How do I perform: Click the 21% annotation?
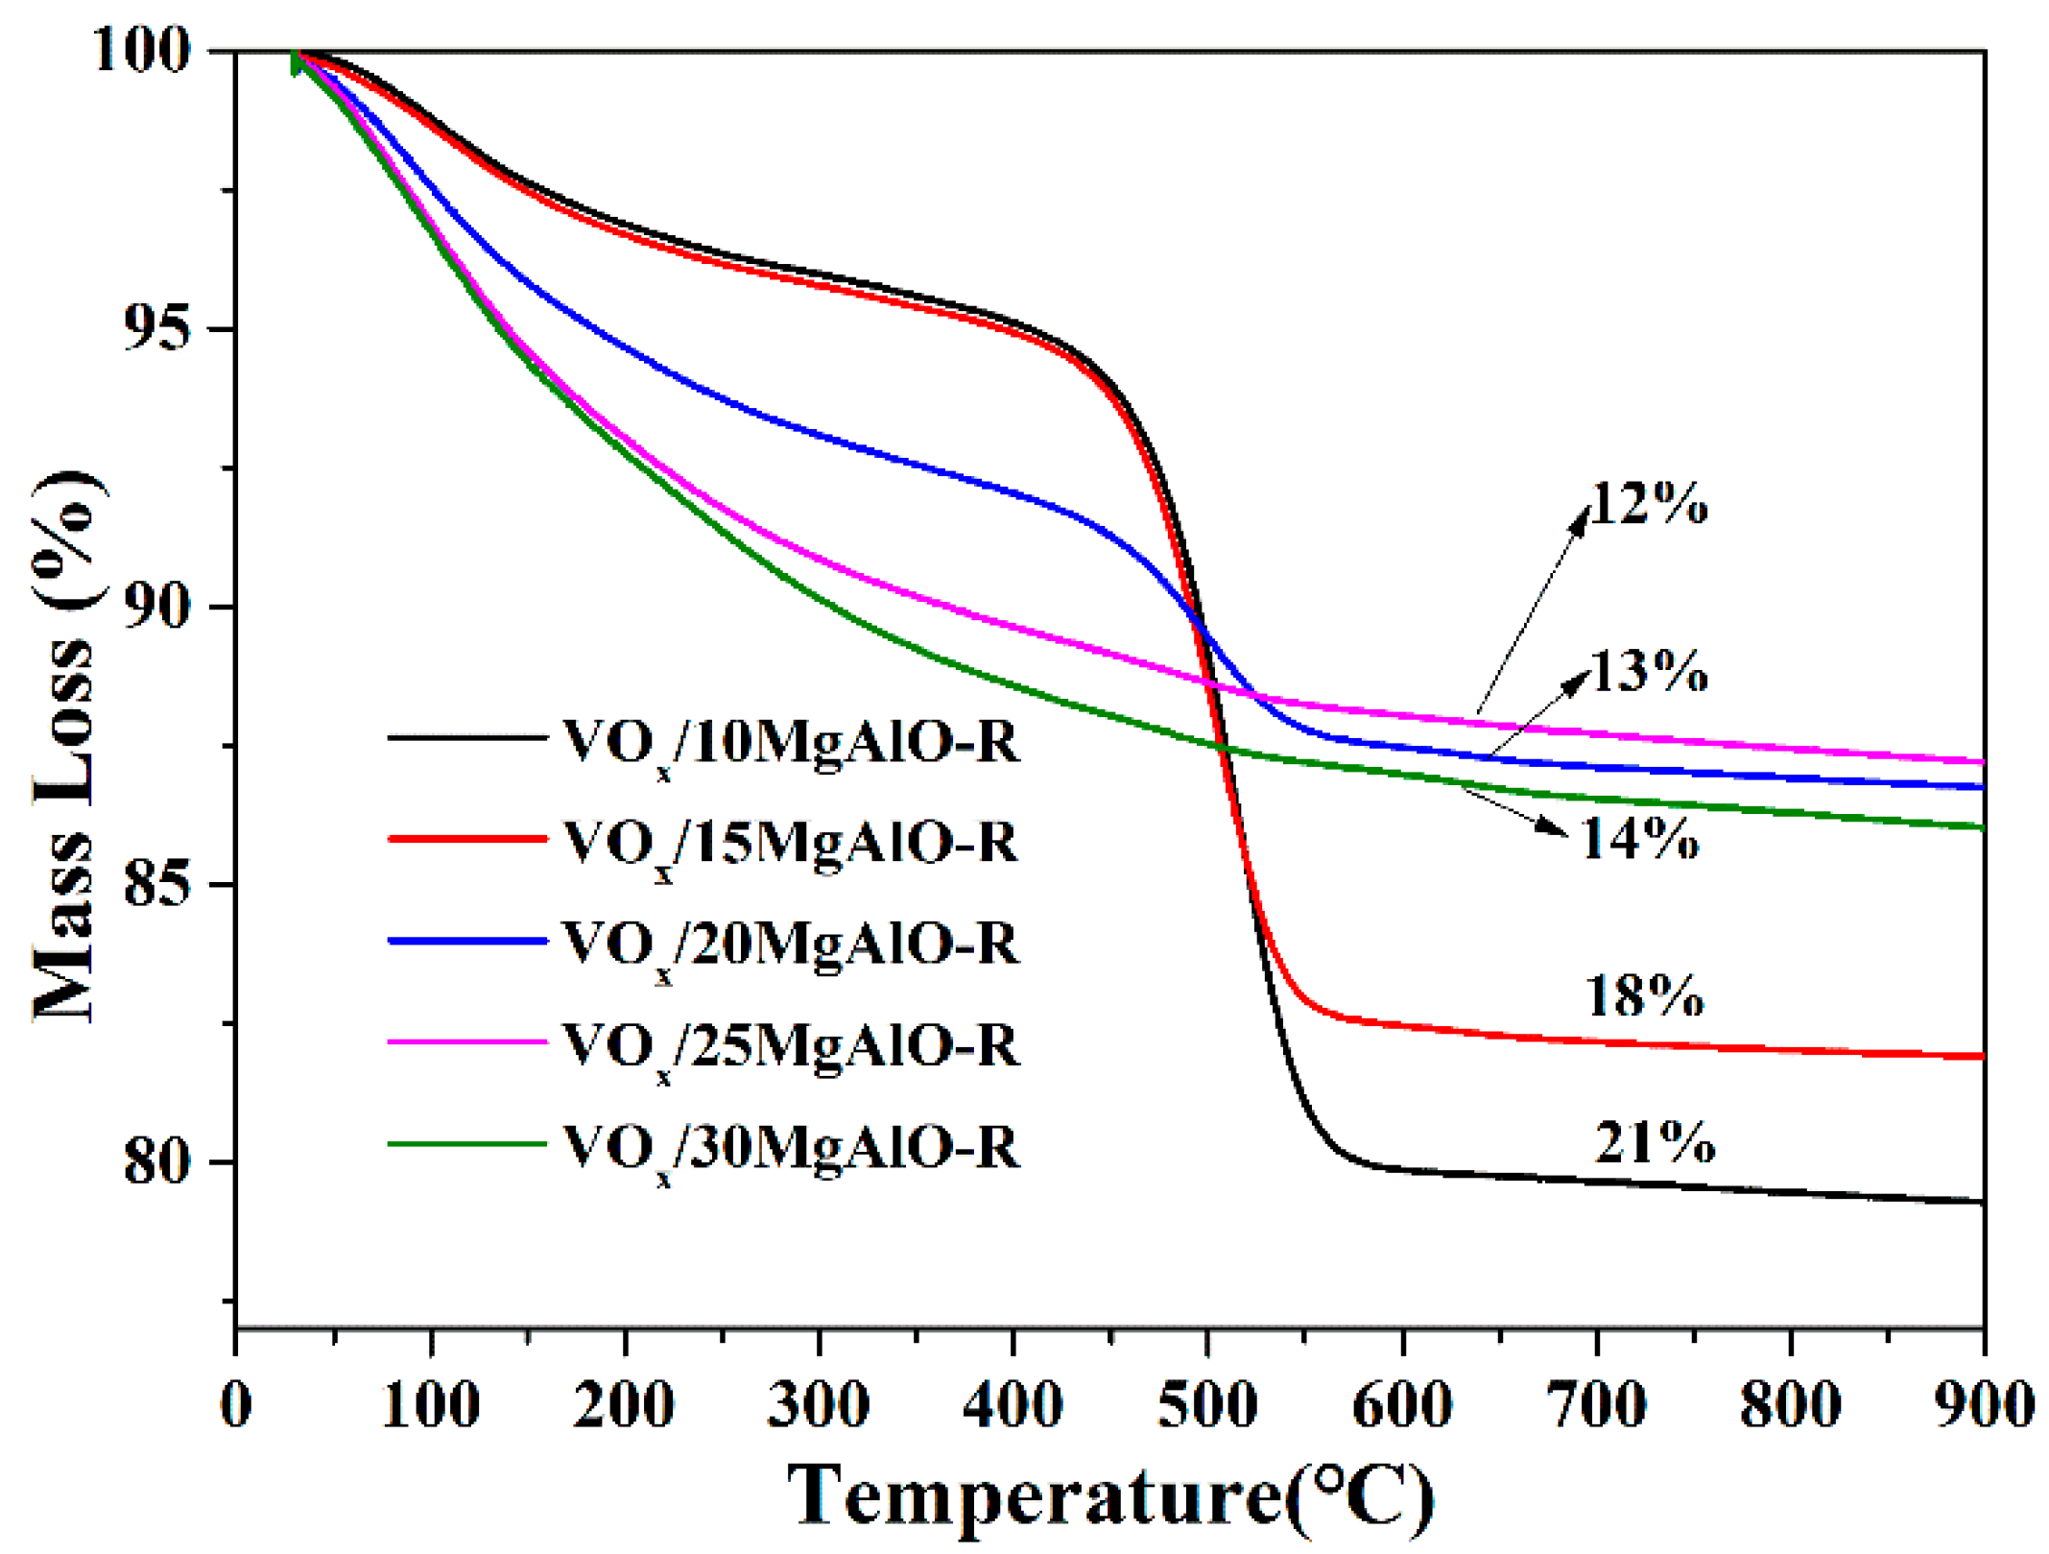[1654, 1142]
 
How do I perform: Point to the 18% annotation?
[1644, 995]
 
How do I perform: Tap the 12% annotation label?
[1649, 503]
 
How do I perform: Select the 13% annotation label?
[1649, 671]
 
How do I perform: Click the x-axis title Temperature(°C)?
[1110, 1495]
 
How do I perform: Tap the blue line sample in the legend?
[466, 942]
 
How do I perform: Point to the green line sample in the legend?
[466, 1144]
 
